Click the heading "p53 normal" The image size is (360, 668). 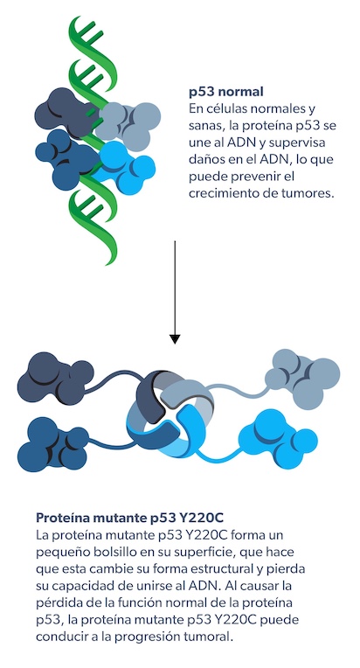pos(226,92)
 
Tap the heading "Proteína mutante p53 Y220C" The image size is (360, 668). pos(129,518)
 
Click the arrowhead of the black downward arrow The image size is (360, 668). pos(175,338)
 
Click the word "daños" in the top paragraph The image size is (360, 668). pos(204,159)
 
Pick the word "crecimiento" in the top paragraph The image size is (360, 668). pos(218,193)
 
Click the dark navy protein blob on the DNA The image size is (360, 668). pos(65,113)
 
